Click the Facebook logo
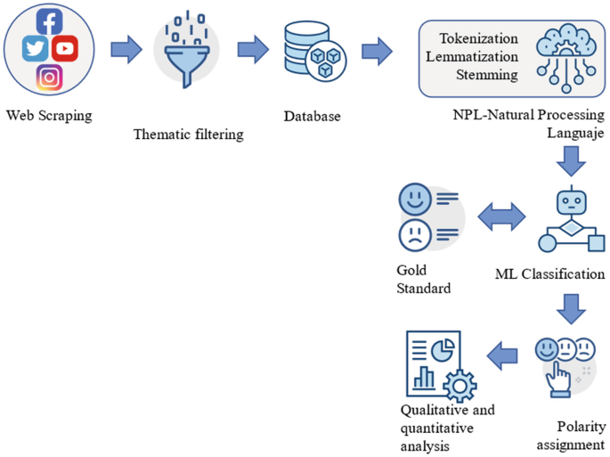pyautogui.click(x=50, y=20)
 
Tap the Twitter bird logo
pyautogui.click(x=36, y=48)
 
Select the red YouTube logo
pyautogui.click(x=66, y=48)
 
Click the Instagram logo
pyautogui.click(x=50, y=78)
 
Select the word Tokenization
pyautogui.click(x=478, y=38)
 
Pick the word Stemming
pyautogui.click(x=486, y=75)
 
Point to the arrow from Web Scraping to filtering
pyautogui.click(x=126, y=50)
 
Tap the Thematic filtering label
pyautogui.click(x=188, y=135)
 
